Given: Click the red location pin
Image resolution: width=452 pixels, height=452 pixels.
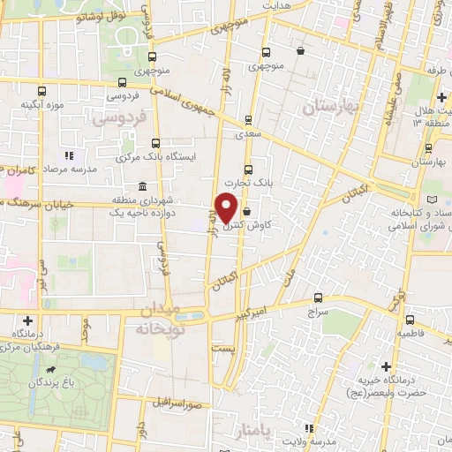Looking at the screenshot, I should click(x=226, y=207).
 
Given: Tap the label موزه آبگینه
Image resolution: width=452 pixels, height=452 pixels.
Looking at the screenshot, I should click(x=41, y=105).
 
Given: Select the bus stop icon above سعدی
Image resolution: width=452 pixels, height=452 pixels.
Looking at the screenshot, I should click(x=248, y=120).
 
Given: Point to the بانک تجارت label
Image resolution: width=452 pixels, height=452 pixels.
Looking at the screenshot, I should click(x=245, y=183).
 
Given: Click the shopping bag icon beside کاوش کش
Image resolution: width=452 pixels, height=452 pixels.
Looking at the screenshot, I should click(x=246, y=212).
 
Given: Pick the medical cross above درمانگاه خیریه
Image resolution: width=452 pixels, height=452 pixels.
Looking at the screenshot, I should click(x=386, y=366).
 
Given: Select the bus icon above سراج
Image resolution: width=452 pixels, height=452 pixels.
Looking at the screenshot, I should click(x=318, y=299).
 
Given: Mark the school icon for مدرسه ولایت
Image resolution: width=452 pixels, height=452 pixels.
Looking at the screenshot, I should click(x=309, y=428).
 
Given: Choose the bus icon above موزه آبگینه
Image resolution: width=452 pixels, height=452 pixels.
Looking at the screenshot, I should click(x=41, y=90).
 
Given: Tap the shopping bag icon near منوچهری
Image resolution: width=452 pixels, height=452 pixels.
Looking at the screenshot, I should click(x=301, y=50).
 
